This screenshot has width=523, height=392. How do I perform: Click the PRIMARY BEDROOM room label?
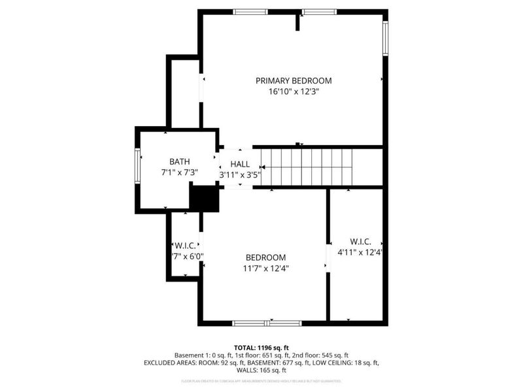coord(294,81)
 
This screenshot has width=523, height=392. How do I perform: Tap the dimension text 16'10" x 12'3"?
coord(294,92)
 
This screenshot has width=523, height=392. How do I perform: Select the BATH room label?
coord(180,161)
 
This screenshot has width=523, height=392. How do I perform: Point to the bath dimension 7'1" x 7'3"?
coord(180,172)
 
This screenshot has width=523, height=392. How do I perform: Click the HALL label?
coord(240,164)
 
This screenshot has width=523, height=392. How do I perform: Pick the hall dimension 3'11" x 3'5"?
coord(240,175)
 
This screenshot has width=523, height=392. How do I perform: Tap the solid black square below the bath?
coord(203,198)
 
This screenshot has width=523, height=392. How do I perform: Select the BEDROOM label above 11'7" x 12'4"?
coord(265,257)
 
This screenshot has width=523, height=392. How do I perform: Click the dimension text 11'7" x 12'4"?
coord(265,268)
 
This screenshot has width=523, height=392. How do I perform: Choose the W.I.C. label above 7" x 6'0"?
coord(186,246)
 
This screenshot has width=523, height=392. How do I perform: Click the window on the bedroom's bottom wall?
coord(267,323)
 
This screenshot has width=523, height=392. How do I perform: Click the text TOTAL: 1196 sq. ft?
coord(261,347)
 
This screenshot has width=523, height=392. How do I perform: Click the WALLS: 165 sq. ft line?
coord(261,370)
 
